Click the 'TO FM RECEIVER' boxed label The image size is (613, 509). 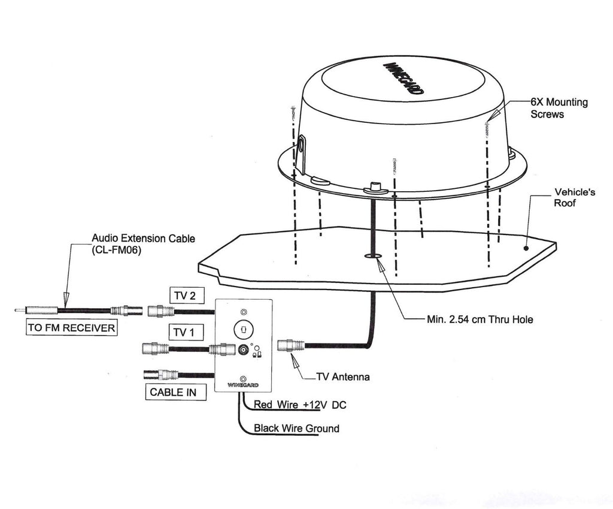(71, 328)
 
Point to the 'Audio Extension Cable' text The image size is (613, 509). (143, 239)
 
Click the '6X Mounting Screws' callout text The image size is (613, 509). (559, 108)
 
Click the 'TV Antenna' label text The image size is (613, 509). (343, 377)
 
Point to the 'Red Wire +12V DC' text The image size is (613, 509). (300, 405)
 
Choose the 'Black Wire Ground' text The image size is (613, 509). (296, 428)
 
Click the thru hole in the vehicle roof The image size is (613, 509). (373, 256)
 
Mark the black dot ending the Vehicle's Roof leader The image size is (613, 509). (526, 246)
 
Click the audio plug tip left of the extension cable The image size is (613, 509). (20, 311)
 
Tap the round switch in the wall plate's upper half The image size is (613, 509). (244, 329)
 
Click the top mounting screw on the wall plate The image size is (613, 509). (243, 312)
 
